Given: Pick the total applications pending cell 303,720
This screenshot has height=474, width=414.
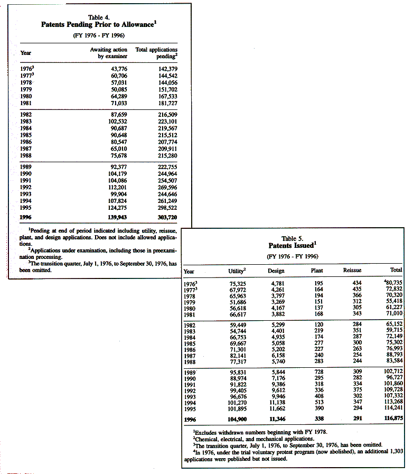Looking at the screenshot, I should click(x=166, y=217).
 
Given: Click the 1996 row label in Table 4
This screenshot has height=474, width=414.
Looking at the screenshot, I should click(x=26, y=217).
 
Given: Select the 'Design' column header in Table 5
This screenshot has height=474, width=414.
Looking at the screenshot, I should click(x=276, y=271).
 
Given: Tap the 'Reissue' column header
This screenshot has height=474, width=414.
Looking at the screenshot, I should click(x=352, y=271).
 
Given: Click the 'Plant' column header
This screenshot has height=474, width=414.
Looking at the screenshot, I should click(x=317, y=271).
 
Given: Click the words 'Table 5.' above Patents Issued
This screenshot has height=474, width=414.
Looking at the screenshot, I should click(x=292, y=239).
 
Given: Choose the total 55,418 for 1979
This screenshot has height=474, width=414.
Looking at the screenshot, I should click(x=392, y=308).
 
